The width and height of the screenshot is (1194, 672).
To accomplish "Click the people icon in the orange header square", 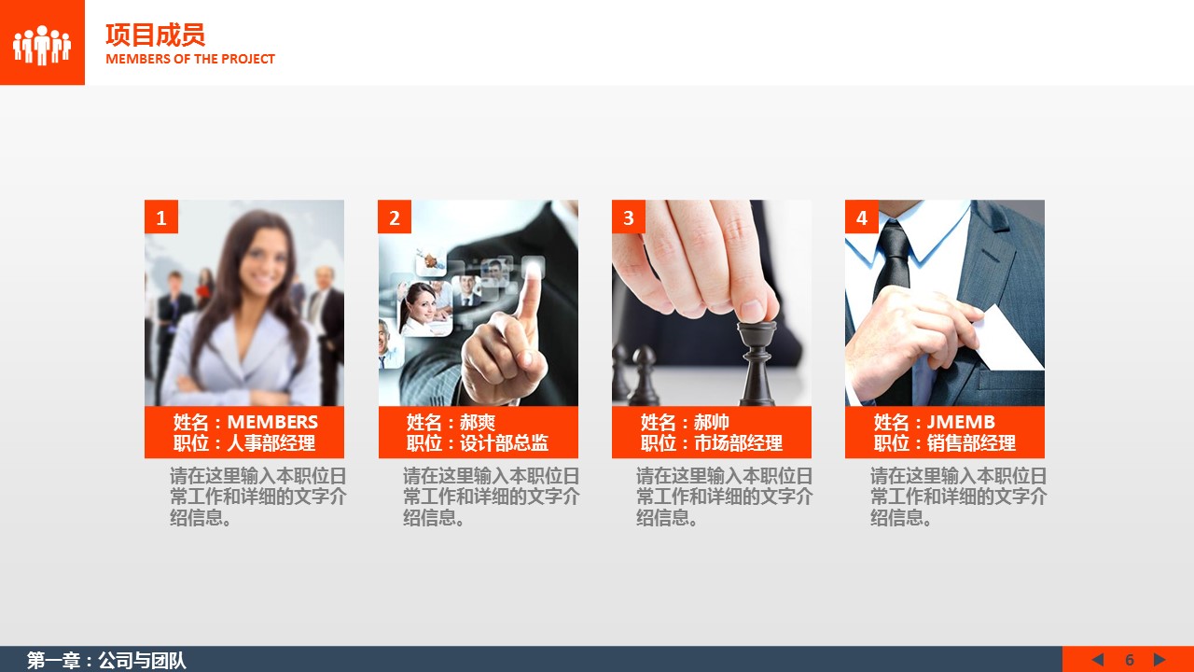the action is click(x=42, y=46).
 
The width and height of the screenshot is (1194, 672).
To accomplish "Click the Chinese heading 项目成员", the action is click(x=155, y=35).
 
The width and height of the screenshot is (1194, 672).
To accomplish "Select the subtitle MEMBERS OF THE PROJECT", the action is click(x=190, y=59).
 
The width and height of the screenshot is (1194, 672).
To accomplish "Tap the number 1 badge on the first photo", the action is click(x=161, y=217).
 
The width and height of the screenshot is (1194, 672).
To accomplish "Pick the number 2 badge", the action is click(x=395, y=217).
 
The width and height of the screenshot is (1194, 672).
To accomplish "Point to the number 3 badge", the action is click(x=629, y=217).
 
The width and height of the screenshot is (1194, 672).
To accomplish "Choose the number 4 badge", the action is click(x=861, y=217).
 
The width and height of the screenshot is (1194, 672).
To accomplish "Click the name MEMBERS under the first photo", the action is click(x=272, y=422).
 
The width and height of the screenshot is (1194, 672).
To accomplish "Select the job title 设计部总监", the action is click(x=505, y=443).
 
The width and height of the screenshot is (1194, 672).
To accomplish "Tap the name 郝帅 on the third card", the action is click(x=712, y=422).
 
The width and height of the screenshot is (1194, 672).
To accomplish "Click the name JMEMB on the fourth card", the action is click(x=961, y=422).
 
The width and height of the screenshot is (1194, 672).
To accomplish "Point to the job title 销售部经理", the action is click(x=971, y=443).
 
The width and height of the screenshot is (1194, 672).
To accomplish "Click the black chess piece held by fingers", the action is click(x=757, y=363).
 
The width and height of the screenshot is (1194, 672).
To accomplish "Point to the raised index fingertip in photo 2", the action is click(x=533, y=270).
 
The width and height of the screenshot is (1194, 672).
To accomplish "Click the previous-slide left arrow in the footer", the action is click(x=1097, y=660).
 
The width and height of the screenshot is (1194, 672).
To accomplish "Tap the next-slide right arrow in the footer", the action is click(x=1159, y=660).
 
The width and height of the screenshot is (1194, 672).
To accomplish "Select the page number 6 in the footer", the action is click(x=1129, y=660).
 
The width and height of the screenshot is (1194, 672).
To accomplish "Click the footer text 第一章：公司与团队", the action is click(x=106, y=660).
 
